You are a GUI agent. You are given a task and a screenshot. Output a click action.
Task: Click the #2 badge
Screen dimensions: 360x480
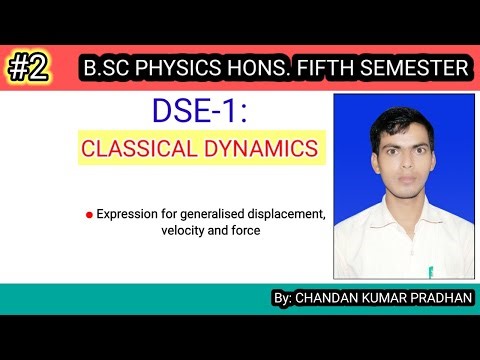point(31,68)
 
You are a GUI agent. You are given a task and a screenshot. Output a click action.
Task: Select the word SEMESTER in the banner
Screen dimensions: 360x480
point(411,69)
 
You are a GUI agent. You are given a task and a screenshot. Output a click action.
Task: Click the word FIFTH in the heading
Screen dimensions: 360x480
point(326,69)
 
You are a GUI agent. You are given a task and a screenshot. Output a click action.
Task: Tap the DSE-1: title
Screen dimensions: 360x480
point(201,113)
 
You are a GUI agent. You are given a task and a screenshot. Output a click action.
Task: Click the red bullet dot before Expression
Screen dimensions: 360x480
point(90,215)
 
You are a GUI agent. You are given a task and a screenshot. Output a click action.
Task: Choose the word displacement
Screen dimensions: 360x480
point(281,215)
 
